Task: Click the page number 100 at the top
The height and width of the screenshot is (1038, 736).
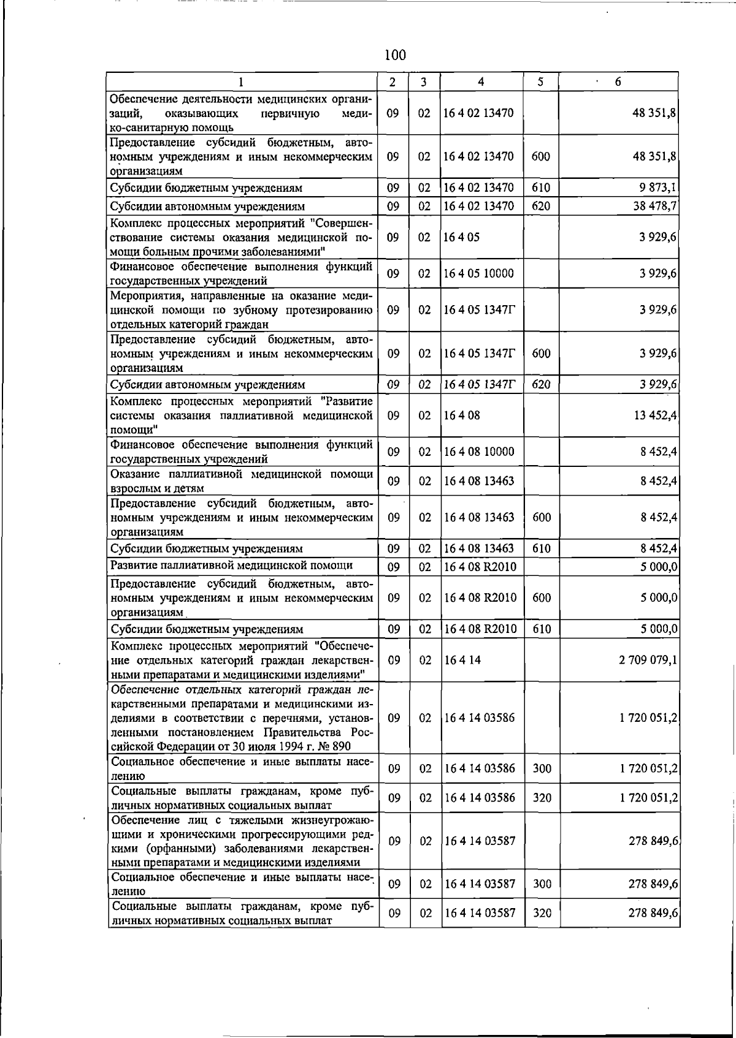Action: (395, 55)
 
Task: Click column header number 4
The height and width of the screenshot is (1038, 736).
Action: (481, 81)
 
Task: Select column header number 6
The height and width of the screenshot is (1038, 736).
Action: (618, 81)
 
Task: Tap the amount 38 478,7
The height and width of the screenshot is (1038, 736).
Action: (654, 206)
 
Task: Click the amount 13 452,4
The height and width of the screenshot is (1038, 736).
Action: (654, 415)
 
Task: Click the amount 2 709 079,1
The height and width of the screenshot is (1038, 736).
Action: (648, 660)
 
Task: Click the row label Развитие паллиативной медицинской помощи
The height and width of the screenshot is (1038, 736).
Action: (231, 565)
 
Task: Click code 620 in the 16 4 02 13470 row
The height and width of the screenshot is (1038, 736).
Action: (541, 206)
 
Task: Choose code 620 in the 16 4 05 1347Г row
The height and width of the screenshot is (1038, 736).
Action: (541, 385)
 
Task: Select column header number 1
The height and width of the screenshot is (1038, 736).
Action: (241, 81)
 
